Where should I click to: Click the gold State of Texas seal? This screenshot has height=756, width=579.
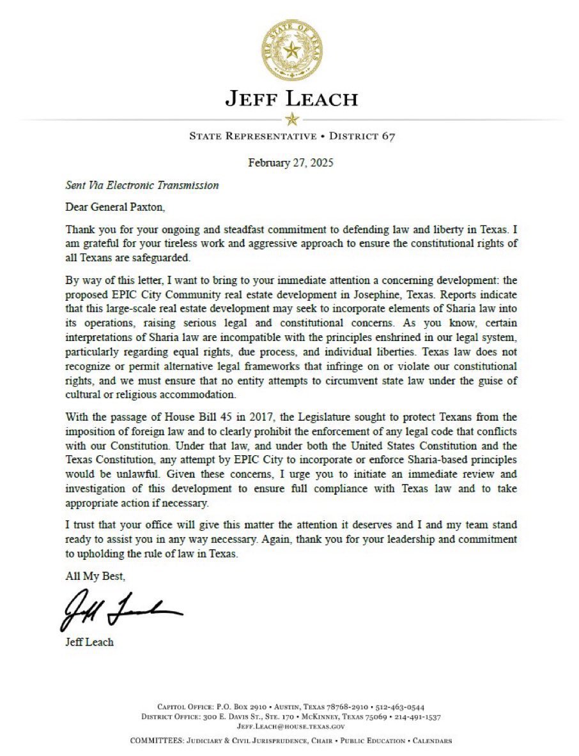(291, 50)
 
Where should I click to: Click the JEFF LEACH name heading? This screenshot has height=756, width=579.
(291, 100)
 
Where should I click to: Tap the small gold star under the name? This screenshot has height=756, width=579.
(291, 119)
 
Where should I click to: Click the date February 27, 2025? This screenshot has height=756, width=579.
(291, 162)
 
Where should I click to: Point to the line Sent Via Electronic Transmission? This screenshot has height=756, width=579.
(142, 186)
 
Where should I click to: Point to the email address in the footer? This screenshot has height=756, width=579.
(291, 727)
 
